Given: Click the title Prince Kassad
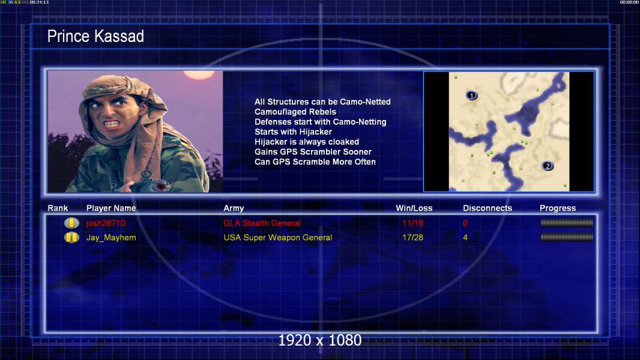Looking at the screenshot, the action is click(x=95, y=36).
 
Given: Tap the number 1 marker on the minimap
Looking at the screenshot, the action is click(x=471, y=95).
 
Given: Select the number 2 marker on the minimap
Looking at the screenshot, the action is click(x=548, y=166).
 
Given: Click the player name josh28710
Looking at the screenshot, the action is click(x=106, y=223).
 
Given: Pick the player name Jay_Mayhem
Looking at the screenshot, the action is click(x=111, y=238).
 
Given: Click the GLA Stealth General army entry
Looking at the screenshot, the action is click(x=262, y=223).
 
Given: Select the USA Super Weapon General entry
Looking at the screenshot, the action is click(x=277, y=238).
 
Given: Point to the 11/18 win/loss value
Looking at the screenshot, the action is click(x=412, y=223).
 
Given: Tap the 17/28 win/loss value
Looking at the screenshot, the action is click(x=412, y=238).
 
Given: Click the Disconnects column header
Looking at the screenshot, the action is click(x=488, y=208).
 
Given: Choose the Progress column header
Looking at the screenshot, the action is click(x=558, y=208).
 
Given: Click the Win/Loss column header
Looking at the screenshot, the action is click(x=414, y=208).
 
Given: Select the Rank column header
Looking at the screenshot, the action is click(x=58, y=208).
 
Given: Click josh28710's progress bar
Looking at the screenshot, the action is click(x=567, y=223).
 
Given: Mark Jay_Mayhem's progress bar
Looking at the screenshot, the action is click(x=567, y=237).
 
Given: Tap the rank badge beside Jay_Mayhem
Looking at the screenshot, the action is click(x=71, y=237).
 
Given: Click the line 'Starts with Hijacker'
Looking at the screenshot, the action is click(x=293, y=132).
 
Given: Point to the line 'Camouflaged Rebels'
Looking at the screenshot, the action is click(x=295, y=112).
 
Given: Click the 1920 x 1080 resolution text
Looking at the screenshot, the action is click(x=319, y=340).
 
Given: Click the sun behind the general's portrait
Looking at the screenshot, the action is click(x=199, y=74).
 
